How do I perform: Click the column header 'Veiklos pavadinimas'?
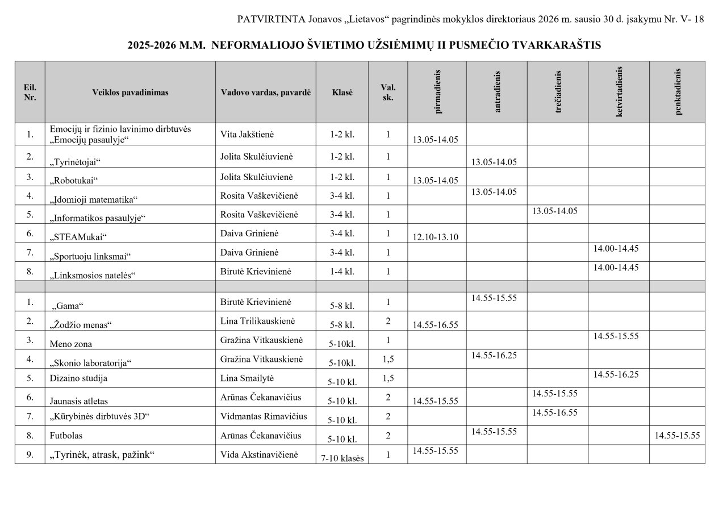coord(130,93)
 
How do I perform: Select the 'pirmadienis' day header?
coord(437,92)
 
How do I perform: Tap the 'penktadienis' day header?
coord(677,92)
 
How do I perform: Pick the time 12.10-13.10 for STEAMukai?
coord(435,237)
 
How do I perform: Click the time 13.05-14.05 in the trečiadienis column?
coord(554,211)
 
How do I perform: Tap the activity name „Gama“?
coord(69,306)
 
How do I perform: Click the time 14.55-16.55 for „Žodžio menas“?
coord(435,325)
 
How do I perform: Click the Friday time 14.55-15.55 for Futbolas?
coord(677,436)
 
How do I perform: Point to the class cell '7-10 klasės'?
coord(342,458)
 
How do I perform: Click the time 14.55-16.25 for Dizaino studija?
coord(616,374)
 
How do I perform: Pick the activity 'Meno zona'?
coord(71,344)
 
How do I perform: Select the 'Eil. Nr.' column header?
coord(30,93)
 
